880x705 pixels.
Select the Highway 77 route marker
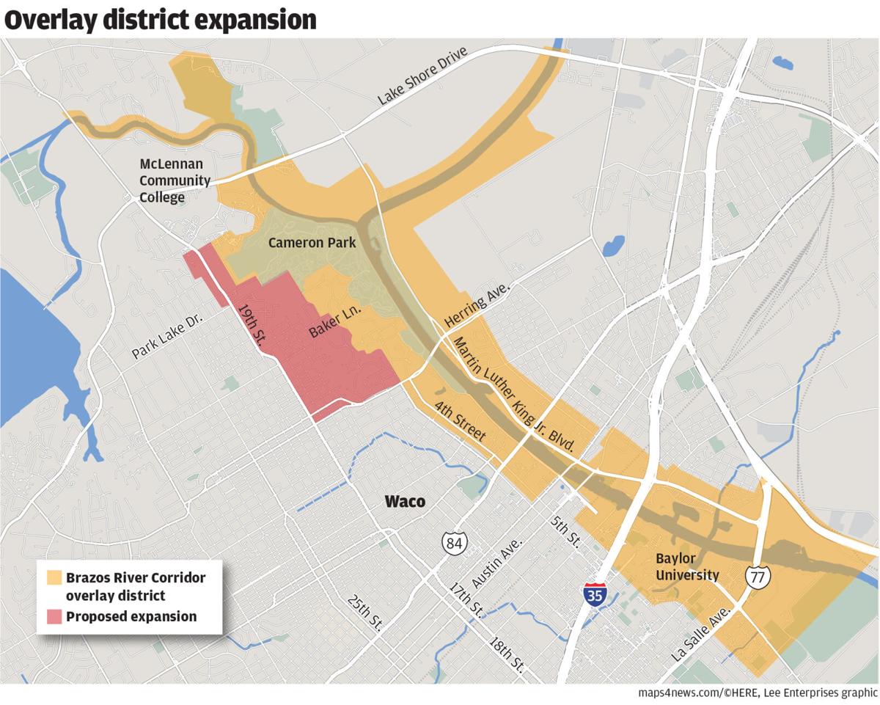click(x=758, y=576)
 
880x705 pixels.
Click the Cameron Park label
click(x=312, y=243)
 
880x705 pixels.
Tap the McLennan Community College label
click(x=175, y=180)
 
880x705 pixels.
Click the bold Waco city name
click(x=405, y=502)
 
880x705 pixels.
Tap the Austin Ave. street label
click(x=496, y=564)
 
